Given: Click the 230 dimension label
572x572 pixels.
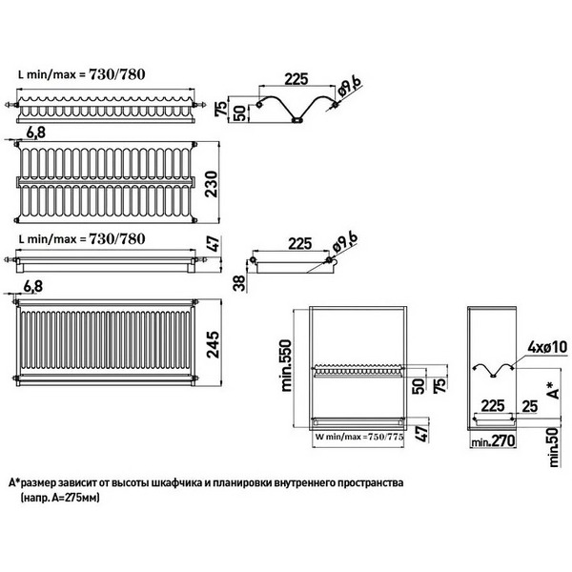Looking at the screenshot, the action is point(212,184).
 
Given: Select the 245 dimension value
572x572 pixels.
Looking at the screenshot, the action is point(213,344).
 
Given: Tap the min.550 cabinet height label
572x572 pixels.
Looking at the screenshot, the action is point(286,366).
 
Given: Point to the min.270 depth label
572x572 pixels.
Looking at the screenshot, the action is point(493,441).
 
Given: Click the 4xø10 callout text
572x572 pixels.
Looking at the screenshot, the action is point(547,347).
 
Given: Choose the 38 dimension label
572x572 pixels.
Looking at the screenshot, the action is point(239,283).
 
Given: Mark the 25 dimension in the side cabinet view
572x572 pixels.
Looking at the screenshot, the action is point(530,406).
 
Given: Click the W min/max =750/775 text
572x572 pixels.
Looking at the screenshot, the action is point(359,437).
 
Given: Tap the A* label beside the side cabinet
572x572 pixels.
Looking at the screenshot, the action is point(553,390).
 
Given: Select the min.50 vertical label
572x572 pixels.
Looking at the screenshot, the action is point(554,447).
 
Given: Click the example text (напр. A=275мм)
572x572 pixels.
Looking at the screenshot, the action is point(60,498).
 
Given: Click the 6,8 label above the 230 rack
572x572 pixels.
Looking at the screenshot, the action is point(36,133).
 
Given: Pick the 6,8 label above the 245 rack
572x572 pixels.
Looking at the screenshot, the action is point(32,287).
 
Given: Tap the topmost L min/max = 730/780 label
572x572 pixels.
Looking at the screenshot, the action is point(82,74).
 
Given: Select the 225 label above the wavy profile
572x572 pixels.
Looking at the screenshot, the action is point(296,79).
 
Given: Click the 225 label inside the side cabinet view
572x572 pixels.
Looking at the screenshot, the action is point(493,406).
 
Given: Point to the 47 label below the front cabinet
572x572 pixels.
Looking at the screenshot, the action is point(422,434).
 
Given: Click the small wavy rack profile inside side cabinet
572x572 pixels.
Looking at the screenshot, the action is point(494,369).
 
